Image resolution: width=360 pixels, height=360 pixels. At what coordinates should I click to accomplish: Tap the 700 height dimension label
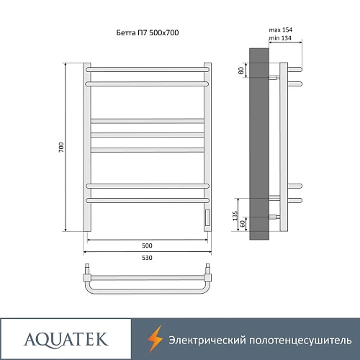tap(63, 147)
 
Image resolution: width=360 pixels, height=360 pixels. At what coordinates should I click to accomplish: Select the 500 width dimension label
tap(148, 243)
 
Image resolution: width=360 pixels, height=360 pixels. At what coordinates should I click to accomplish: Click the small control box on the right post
tap(207, 217)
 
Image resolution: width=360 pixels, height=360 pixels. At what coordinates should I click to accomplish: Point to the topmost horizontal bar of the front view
tap(148, 69)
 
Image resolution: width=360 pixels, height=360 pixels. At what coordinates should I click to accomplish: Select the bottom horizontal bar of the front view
tap(148, 199)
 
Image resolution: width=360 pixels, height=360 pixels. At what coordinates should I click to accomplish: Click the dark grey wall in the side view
tap(259, 144)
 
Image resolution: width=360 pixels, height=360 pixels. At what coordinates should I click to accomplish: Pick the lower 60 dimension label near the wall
tap(243, 224)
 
